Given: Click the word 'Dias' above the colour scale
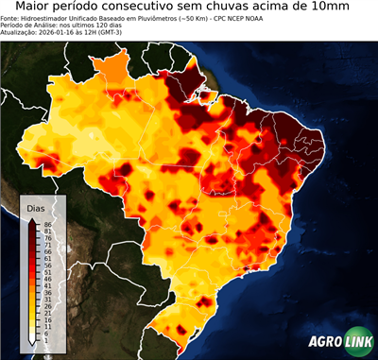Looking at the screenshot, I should point(36,207).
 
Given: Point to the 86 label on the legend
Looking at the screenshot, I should point(45,224).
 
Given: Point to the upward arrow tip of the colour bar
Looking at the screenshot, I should point(32,220).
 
